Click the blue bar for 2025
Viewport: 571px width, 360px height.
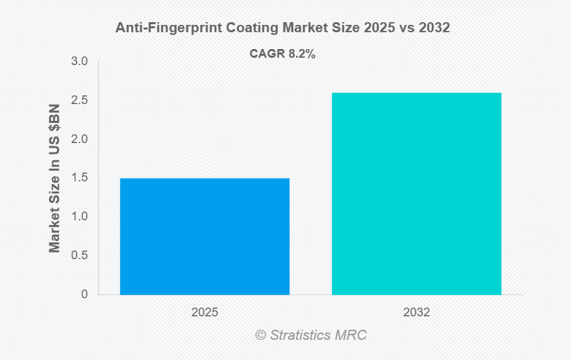click(205, 236)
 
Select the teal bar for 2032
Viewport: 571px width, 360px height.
click(416, 193)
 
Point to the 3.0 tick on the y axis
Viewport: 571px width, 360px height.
click(81, 62)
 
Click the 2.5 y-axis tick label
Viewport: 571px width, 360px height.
click(81, 101)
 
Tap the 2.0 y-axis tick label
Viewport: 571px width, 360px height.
click(81, 140)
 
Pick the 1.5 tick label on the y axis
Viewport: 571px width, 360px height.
click(81, 178)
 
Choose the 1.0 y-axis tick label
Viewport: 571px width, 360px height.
click(81, 217)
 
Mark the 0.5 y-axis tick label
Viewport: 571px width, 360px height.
click(81, 256)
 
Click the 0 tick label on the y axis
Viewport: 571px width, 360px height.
click(85, 294)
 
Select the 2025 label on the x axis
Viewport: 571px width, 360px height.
click(205, 313)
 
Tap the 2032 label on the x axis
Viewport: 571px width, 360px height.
click(416, 313)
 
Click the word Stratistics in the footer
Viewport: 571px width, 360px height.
click(300, 335)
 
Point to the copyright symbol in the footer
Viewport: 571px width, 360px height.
click(261, 335)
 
